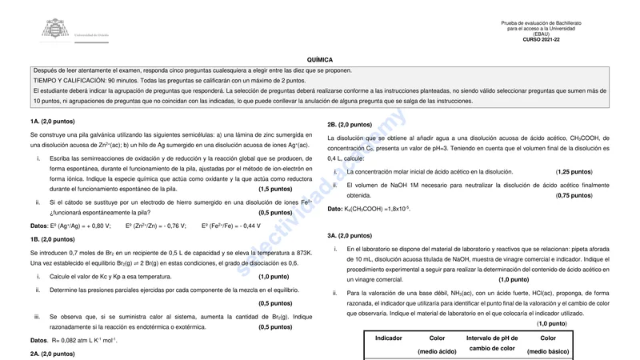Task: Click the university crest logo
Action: point(54,30)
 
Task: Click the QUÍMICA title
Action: point(319,60)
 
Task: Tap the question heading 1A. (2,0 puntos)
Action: point(52,122)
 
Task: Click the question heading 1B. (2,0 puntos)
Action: point(52,239)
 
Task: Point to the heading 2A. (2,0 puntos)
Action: point(52,354)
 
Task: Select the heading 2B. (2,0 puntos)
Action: point(350,125)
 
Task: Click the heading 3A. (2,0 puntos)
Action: point(350,236)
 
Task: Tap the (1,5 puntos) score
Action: point(275,190)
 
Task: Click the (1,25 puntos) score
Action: point(574,172)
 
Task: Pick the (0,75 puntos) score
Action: point(574,195)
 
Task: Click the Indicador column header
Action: point(389,338)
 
